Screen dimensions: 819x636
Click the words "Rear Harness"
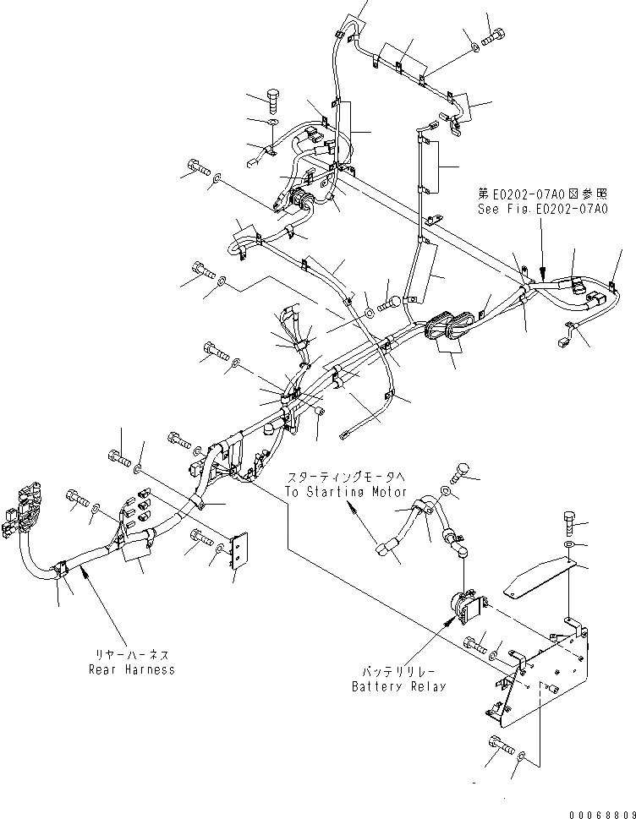pos(132,669)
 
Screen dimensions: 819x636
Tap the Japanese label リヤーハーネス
pos(132,654)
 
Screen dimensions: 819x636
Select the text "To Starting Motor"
pos(346,492)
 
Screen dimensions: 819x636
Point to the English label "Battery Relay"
pos(399,686)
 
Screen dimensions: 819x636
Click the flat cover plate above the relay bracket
pos(538,579)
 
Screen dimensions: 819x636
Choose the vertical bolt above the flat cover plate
pos(568,523)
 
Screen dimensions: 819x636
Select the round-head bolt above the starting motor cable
pos(463,467)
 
